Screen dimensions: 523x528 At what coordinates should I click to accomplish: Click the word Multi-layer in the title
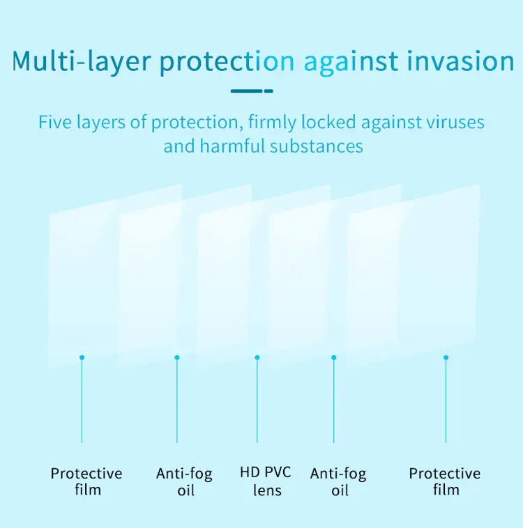(82, 62)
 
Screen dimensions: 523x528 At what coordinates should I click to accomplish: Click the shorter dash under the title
(268, 91)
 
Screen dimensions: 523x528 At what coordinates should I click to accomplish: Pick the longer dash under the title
(246, 91)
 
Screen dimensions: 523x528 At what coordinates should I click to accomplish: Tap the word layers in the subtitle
(101, 123)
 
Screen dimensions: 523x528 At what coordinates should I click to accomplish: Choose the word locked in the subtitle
(328, 122)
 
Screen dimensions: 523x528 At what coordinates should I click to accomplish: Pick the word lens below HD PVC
(267, 490)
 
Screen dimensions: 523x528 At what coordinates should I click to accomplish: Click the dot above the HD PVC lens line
(257, 357)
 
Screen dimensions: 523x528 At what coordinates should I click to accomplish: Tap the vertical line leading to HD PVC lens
(257, 401)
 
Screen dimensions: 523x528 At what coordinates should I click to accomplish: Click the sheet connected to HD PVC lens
(264, 275)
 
